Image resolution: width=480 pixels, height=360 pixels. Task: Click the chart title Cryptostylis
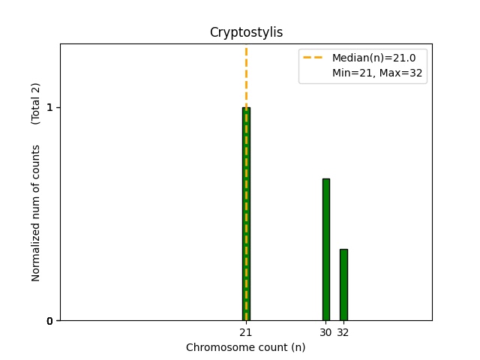246,32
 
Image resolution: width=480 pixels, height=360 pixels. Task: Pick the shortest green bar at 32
343,284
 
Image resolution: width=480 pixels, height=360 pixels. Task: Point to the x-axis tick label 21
245,332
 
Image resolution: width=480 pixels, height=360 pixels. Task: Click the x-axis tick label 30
325,332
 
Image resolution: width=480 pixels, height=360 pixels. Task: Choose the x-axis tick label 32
343,332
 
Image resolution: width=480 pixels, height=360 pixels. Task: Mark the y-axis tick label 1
49,107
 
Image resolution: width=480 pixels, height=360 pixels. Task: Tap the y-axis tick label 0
49,321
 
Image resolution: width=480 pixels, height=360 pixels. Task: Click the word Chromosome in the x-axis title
215,347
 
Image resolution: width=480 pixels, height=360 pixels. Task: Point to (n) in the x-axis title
298,347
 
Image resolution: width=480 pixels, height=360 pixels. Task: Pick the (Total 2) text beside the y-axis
36,103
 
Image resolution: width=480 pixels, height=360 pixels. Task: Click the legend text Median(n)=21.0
368,57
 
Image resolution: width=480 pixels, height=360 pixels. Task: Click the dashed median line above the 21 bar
246,75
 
